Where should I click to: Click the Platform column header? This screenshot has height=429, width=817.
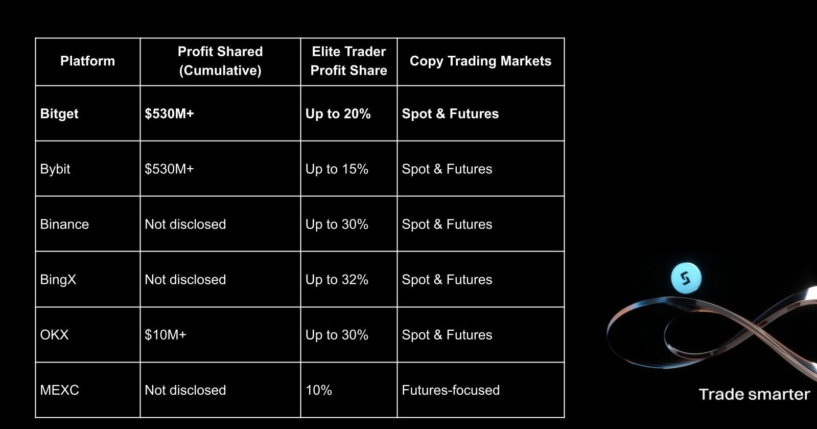click(x=87, y=61)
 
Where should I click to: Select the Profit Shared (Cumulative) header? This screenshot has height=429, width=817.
click(x=220, y=61)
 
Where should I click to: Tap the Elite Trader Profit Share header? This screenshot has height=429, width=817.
click(x=348, y=61)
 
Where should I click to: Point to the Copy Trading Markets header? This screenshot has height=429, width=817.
click(x=480, y=61)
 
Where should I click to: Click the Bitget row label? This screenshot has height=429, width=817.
click(x=59, y=114)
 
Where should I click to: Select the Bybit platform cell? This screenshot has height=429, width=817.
click(x=55, y=169)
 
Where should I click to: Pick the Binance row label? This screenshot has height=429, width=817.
click(x=64, y=224)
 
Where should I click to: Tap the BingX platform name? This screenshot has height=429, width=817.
click(x=58, y=279)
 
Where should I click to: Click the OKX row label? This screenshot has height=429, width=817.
click(x=54, y=334)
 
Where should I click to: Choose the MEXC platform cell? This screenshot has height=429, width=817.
click(x=59, y=390)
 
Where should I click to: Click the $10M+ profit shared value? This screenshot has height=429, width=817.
click(x=166, y=334)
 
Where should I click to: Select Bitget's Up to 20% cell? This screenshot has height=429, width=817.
click(x=338, y=114)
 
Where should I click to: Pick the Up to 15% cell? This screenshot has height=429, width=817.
click(x=337, y=169)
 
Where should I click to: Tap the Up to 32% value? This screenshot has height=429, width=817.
click(x=337, y=279)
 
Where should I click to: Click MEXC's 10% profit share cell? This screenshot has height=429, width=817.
click(x=319, y=390)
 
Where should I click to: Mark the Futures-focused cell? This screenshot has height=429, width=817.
click(x=451, y=390)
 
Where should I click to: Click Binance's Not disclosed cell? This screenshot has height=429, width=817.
click(x=185, y=224)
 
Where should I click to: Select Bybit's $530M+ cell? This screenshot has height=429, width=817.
click(x=169, y=169)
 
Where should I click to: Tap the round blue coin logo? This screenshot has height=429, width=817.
click(x=686, y=278)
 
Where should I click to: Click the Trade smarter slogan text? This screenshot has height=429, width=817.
click(x=754, y=394)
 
